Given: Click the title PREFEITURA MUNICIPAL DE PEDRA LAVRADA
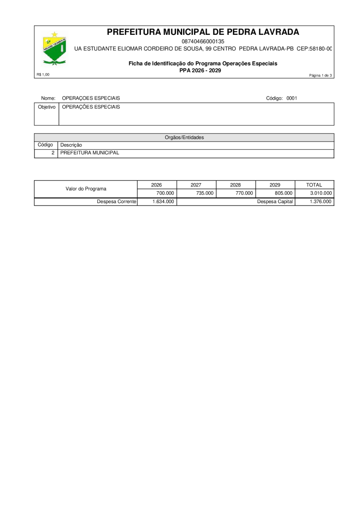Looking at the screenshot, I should (203, 32).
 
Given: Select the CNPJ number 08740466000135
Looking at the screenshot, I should (203, 41).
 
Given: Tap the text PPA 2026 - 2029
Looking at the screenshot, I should (203, 70).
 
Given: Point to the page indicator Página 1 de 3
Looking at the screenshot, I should (320, 75).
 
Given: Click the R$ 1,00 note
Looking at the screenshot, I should (43, 74).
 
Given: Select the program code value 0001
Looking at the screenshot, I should (292, 98).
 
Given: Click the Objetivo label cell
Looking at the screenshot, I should (47, 107).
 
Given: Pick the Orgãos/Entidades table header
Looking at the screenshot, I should (184, 138).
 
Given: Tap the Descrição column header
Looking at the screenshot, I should (71, 145).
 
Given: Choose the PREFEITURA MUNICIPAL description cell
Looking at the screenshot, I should (90, 153).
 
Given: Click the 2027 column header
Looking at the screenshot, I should (196, 185).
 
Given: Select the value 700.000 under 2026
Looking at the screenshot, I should (165, 193).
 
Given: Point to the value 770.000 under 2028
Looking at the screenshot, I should (244, 193).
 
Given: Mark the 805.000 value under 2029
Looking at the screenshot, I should (284, 193).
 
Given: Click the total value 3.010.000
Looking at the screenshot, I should (321, 193).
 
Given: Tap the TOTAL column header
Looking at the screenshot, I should (314, 185).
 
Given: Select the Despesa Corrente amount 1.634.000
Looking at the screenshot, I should (163, 202).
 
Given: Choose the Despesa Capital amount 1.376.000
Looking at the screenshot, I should (321, 202).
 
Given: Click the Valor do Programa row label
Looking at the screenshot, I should (86, 189).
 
